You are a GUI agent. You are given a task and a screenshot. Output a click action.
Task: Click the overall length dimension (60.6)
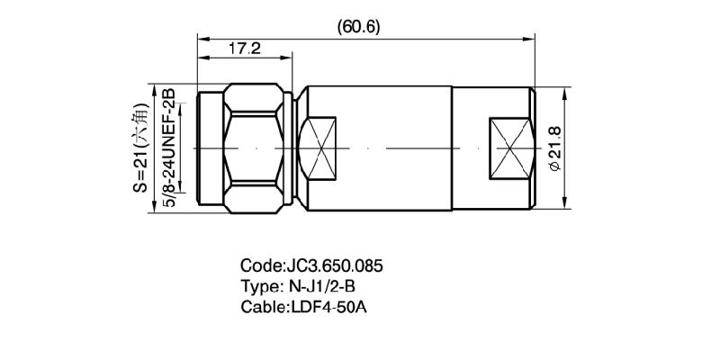(358, 26)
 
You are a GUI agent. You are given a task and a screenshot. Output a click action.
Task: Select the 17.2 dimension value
(244, 49)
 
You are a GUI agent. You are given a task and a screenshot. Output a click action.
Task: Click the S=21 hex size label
(140, 148)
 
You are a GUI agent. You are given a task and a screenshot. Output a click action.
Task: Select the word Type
(260, 287)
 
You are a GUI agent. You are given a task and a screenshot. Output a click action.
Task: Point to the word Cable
(263, 308)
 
